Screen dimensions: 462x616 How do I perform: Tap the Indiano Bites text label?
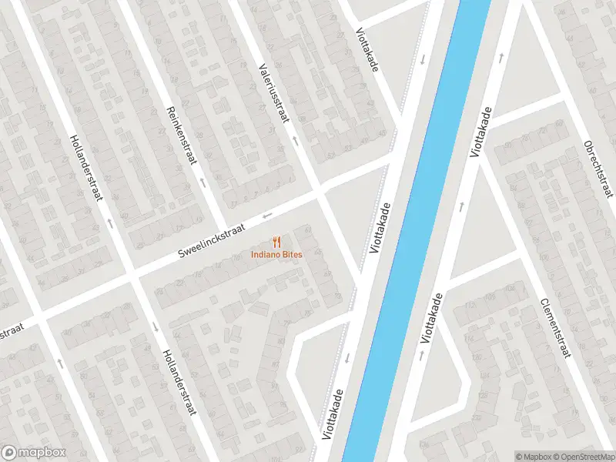coord(276,255)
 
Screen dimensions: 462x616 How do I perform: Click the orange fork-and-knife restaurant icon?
coord(276,242)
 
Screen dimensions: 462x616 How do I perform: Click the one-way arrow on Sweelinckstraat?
coord(268,215)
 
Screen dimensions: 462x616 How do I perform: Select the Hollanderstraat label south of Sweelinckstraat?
coord(176,381)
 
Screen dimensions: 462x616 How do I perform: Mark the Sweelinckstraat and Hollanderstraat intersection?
coord(131,273)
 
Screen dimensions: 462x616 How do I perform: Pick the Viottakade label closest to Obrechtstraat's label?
coord(480,133)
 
